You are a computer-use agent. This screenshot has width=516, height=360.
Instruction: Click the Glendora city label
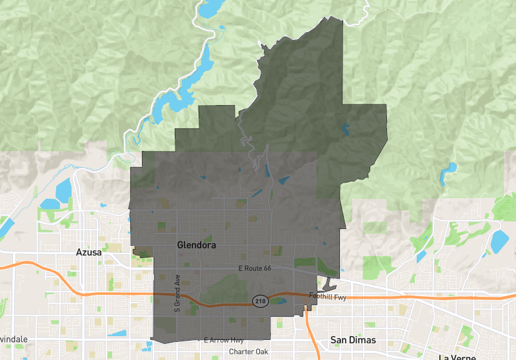196,246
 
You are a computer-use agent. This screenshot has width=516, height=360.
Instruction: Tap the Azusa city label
88,252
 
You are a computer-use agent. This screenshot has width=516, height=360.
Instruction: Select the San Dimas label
353,340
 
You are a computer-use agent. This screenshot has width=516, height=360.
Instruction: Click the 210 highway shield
259,302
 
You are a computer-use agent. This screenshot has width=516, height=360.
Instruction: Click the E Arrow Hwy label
224,340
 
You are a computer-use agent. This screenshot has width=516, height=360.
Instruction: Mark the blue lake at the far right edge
499,241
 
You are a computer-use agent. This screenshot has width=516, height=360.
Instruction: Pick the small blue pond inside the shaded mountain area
346,129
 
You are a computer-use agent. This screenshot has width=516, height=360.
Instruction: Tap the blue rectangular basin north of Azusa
64,190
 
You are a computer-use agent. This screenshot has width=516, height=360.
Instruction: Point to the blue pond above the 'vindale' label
117,334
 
